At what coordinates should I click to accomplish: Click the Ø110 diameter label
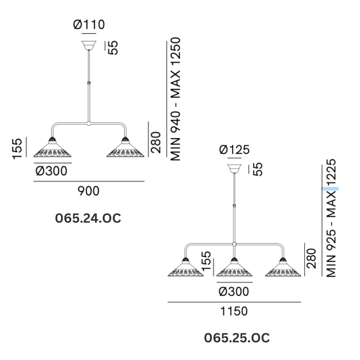[x=89, y=25]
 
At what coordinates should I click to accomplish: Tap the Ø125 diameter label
[x=234, y=150]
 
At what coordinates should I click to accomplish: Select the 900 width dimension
[x=89, y=191]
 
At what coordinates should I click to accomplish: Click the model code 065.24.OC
[x=88, y=219]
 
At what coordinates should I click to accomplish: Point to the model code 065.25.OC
[x=237, y=338]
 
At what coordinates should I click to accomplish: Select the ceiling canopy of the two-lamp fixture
[x=89, y=45]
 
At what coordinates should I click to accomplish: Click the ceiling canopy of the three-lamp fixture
[x=235, y=168]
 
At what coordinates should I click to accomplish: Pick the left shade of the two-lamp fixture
[x=52, y=149]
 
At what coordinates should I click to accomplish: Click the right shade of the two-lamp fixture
[x=125, y=149]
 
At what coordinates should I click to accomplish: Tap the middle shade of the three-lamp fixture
[x=234, y=269]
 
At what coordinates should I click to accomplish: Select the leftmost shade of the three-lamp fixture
[x=185, y=269]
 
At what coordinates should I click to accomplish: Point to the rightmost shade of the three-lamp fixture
[x=283, y=269]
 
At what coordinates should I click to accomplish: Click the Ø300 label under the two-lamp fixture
[x=51, y=171]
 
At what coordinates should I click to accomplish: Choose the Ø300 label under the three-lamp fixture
[x=234, y=292]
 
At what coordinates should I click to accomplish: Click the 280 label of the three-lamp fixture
[x=311, y=258]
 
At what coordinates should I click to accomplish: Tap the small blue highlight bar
[x=330, y=189]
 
